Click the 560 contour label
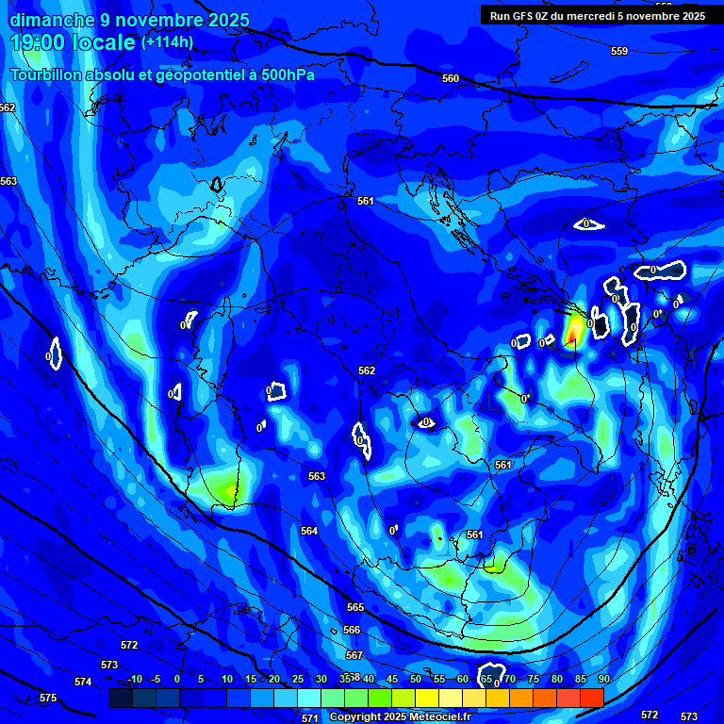(451, 78)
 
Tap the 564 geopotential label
(309, 531)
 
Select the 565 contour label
(354, 607)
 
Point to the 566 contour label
(352, 630)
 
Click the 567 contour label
(354, 654)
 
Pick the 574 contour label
(83, 682)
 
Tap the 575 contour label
(48, 698)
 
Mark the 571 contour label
(309, 718)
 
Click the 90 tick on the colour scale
(603, 679)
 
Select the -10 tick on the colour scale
(134, 679)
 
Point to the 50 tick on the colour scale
(416, 679)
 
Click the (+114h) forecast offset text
(167, 41)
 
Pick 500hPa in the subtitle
(285, 74)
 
